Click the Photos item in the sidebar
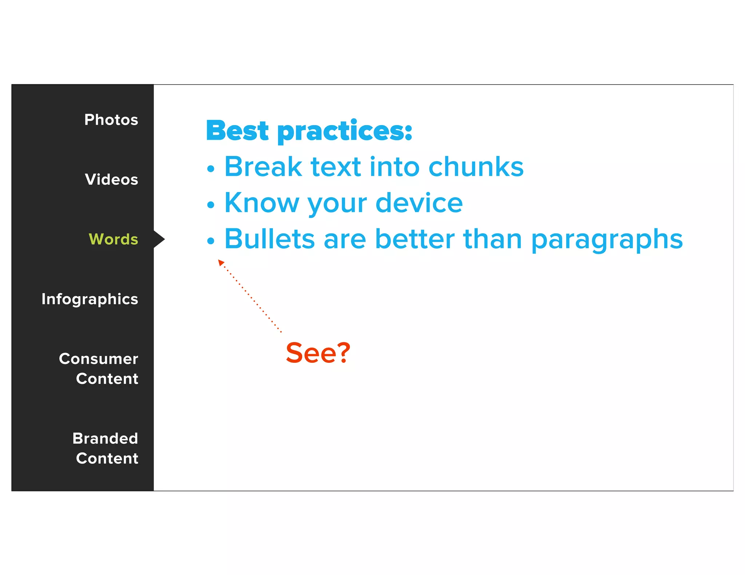click(111, 120)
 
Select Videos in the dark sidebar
click(111, 179)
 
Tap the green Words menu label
click(113, 239)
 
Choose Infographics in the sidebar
click(89, 299)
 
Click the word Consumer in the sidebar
click(98, 359)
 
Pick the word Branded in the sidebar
click(105, 438)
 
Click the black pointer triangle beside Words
click(159, 239)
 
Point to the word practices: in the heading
click(345, 132)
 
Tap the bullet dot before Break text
click(211, 169)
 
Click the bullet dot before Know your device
click(211, 205)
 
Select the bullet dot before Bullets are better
click(211, 240)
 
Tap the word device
click(419, 203)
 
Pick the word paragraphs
click(607, 240)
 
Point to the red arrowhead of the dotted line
click(220, 262)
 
